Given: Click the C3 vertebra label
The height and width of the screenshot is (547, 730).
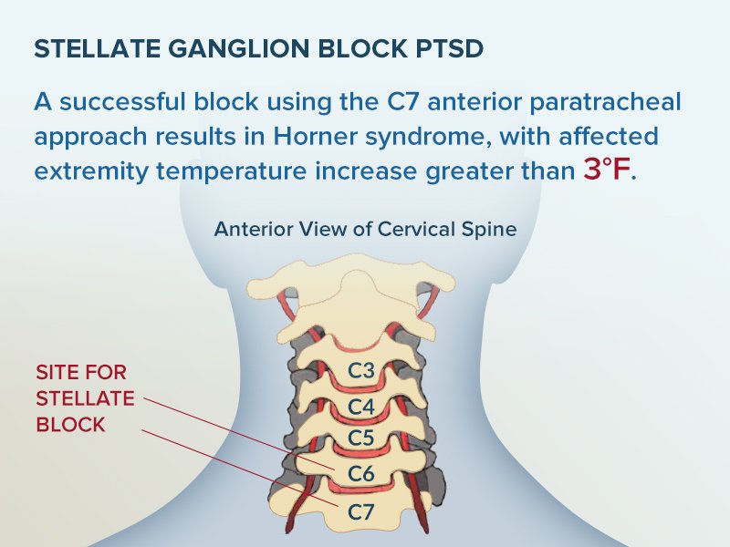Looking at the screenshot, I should pyautogui.click(x=362, y=371).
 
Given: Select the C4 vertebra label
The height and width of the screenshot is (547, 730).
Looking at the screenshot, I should pyautogui.click(x=362, y=406).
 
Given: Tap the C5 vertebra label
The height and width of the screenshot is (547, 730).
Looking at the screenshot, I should pyautogui.click(x=362, y=439).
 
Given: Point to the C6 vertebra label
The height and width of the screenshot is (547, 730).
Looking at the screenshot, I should pyautogui.click(x=362, y=474).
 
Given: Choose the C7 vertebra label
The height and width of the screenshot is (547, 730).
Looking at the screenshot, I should pyautogui.click(x=362, y=511).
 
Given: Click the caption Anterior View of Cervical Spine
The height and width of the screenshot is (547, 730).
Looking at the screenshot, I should pyautogui.click(x=365, y=229).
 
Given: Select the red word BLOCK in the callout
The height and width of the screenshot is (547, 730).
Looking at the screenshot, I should pyautogui.click(x=70, y=425).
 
